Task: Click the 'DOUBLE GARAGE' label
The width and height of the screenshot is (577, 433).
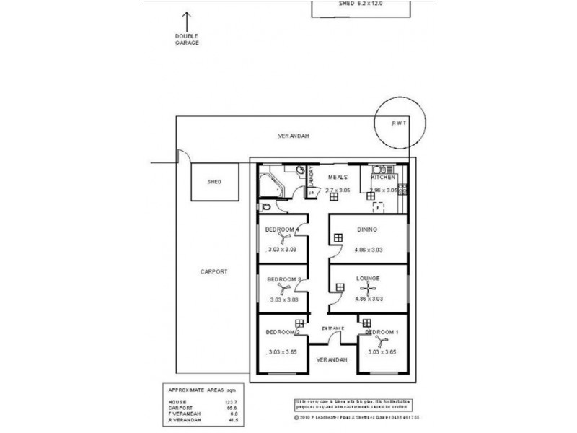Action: (x=187, y=40)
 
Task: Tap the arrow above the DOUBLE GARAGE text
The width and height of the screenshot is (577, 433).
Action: (x=187, y=21)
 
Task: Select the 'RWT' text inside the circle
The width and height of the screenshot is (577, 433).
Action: (x=399, y=123)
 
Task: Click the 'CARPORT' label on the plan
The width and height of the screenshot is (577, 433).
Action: (x=214, y=271)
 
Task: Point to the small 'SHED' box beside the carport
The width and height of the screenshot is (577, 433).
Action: (x=213, y=182)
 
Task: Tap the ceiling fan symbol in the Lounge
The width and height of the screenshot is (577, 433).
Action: (x=369, y=289)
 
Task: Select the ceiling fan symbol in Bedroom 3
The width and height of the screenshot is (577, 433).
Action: (x=283, y=289)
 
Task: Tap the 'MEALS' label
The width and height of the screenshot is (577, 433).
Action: (x=338, y=177)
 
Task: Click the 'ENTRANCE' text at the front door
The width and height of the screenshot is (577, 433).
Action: (x=333, y=328)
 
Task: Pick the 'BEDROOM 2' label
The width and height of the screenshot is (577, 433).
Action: (x=282, y=333)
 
